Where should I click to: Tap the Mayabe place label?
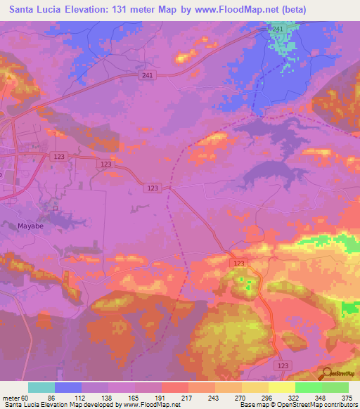[30, 226]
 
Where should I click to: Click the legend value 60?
[34, 398]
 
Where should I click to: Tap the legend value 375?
[348, 398]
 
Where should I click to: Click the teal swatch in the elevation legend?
[41, 387]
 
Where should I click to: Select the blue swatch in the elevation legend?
[68, 387]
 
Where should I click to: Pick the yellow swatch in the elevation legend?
[281, 387]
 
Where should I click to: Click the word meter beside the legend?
[14, 398]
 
